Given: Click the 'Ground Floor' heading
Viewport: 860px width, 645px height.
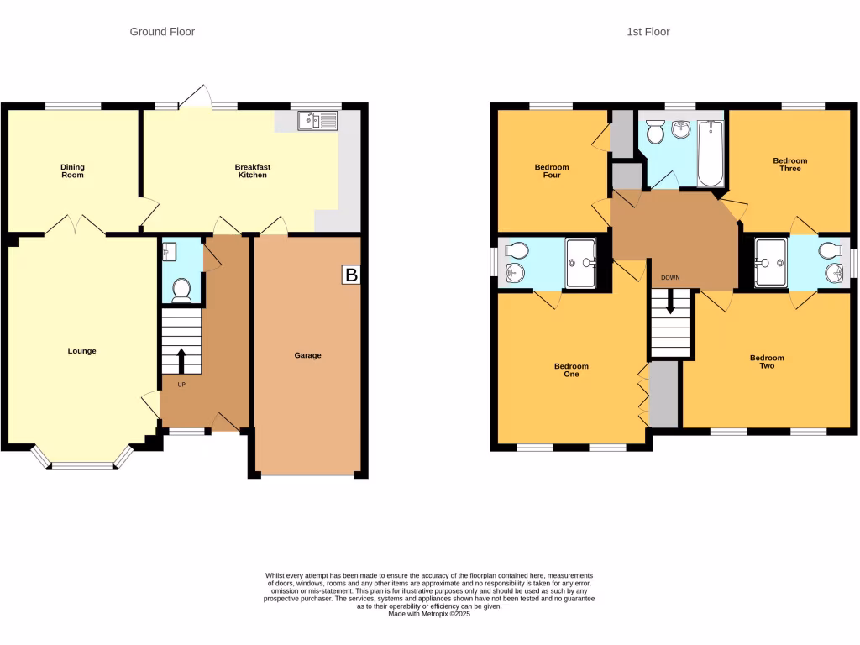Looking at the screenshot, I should [x=162, y=32].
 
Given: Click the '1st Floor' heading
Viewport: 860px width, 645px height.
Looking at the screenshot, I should [x=648, y=32].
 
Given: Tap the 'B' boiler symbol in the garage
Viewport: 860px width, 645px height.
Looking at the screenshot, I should [x=351, y=275].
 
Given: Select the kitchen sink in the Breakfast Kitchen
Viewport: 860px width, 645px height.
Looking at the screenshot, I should [x=317, y=121].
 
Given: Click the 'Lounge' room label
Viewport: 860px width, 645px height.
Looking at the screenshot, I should [x=82, y=351].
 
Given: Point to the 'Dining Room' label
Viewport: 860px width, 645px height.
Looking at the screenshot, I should [x=73, y=171].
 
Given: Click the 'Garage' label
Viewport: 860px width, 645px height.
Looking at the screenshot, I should [x=307, y=355].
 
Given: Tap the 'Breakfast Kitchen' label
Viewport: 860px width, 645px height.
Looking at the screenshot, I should [x=252, y=171].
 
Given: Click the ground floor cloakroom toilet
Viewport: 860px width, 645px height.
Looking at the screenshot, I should [x=181, y=289].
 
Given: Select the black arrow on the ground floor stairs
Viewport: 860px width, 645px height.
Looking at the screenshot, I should [x=181, y=360].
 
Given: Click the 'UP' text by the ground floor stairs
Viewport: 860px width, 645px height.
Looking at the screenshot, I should [x=181, y=385].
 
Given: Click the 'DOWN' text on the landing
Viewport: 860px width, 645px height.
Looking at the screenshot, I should [x=670, y=278].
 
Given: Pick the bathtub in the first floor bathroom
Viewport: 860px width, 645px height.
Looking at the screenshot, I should [x=711, y=154].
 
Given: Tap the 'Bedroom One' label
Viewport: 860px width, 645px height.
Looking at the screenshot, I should [x=571, y=370].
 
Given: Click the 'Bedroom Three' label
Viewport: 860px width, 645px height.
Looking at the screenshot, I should [x=790, y=165].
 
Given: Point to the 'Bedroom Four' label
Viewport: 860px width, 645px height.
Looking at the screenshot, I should [x=552, y=171].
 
